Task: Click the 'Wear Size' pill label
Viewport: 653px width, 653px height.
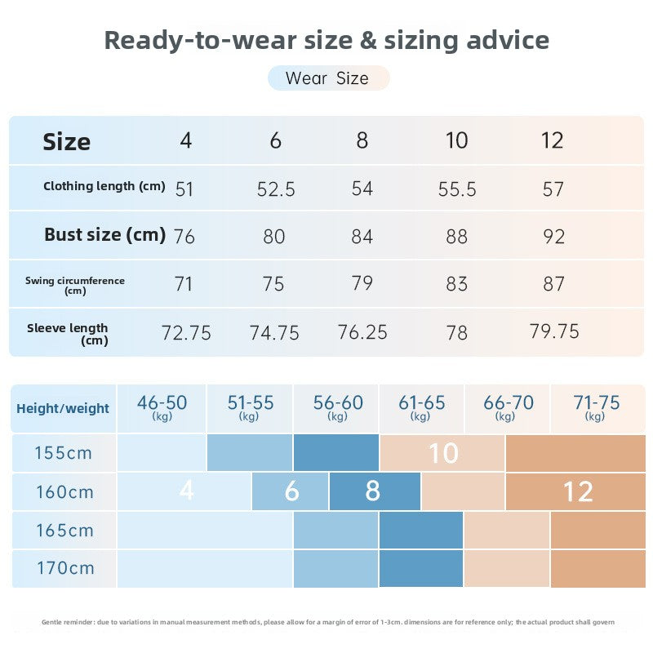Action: tap(328, 78)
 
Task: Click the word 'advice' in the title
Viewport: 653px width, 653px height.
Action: tap(508, 40)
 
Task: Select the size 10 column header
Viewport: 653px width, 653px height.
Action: tap(457, 140)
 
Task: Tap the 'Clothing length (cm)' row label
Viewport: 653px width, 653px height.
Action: tap(104, 186)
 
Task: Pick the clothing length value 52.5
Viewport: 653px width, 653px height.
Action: tap(276, 189)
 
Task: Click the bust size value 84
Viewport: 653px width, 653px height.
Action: tap(362, 237)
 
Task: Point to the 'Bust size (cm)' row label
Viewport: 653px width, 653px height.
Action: tap(105, 235)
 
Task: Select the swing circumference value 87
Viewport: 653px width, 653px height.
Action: tap(553, 284)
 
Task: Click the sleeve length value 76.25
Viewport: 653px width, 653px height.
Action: tap(362, 332)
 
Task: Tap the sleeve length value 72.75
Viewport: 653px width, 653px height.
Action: tap(186, 333)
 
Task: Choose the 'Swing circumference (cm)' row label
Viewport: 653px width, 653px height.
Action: tap(75, 286)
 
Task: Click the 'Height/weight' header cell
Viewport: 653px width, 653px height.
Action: tap(63, 409)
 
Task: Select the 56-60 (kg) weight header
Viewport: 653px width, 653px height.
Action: tap(338, 407)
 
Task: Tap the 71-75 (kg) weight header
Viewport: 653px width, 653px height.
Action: tap(597, 407)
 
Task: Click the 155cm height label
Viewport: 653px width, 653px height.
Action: tap(64, 453)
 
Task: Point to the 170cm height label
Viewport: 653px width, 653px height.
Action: tap(66, 568)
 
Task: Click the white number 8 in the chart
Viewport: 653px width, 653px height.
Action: tap(373, 491)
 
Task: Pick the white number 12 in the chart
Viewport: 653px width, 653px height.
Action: tap(579, 492)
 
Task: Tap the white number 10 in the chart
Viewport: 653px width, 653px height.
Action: tap(444, 453)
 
